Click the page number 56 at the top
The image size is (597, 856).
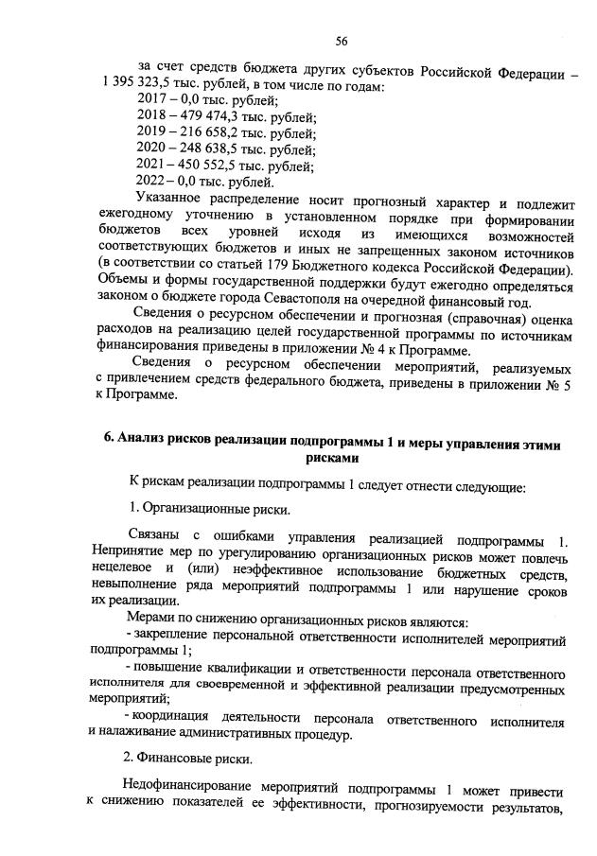point(342,41)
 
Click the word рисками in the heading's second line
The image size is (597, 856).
point(333,457)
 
